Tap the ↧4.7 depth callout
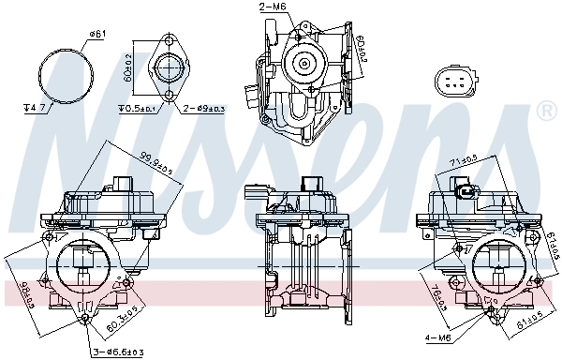pos(36,108)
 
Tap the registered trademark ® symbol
pos(546,112)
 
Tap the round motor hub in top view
pos(304,62)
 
